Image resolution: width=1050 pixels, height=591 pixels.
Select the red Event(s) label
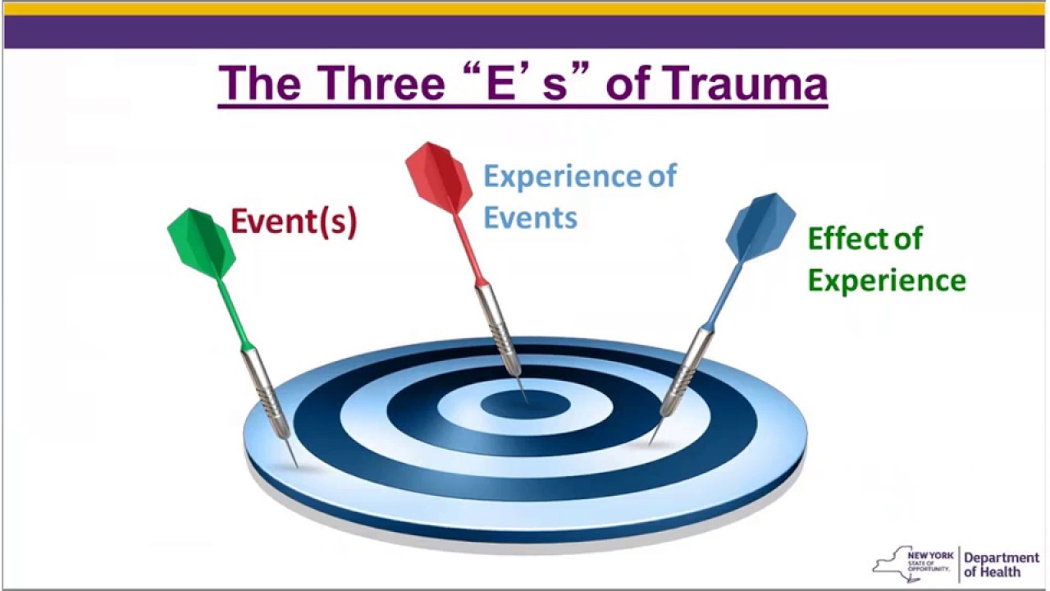(x=294, y=222)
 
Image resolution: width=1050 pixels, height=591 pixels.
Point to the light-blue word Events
(x=530, y=218)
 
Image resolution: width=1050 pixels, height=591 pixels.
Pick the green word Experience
(x=887, y=281)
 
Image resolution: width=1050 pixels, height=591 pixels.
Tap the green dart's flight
(x=201, y=243)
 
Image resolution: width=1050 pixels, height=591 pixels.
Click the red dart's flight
(x=439, y=177)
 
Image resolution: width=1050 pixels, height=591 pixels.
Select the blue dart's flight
(x=760, y=227)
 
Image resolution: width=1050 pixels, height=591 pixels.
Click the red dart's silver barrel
(x=498, y=328)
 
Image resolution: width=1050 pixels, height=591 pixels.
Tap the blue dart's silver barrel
(x=687, y=370)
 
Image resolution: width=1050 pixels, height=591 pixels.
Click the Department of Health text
(x=1001, y=565)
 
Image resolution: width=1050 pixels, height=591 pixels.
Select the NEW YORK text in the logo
(x=930, y=556)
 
